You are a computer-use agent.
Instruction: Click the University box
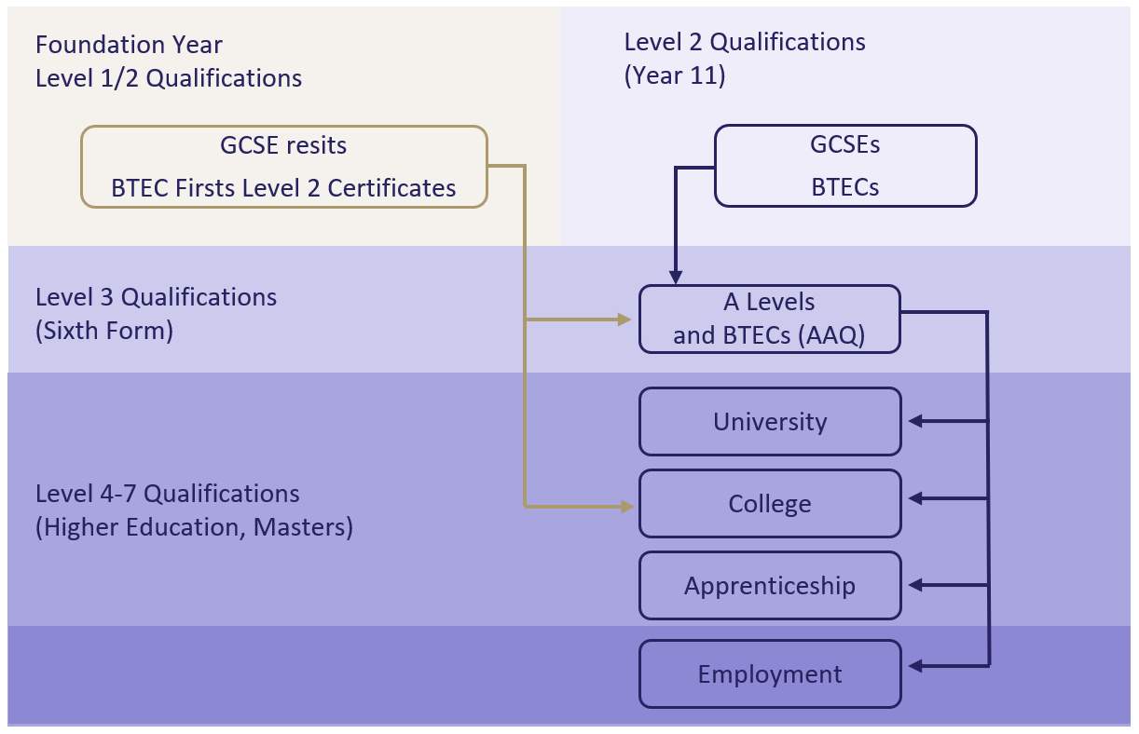pyautogui.click(x=770, y=422)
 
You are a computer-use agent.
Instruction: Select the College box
pyautogui.click(x=770, y=504)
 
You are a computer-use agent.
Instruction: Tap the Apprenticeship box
pyautogui.click(x=770, y=586)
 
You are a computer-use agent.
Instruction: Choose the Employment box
pyautogui.click(x=770, y=673)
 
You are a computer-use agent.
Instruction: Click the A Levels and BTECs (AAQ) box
pyautogui.click(x=770, y=319)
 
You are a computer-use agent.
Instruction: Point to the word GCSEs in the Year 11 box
pyautogui.click(x=845, y=145)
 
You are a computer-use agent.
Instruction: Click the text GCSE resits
pyautogui.click(x=283, y=145)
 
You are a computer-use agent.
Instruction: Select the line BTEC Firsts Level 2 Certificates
pyautogui.click(x=283, y=188)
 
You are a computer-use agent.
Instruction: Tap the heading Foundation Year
pyautogui.click(x=129, y=44)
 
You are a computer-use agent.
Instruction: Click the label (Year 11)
pyautogui.click(x=675, y=75)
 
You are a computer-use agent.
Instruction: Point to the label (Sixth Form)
pyautogui.click(x=104, y=331)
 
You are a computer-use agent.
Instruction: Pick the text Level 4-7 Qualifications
pyautogui.click(x=168, y=494)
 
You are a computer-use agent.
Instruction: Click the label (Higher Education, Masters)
pyautogui.click(x=194, y=527)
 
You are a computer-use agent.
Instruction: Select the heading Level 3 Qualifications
pyautogui.click(x=156, y=297)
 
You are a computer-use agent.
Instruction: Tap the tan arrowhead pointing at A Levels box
pyautogui.click(x=626, y=319)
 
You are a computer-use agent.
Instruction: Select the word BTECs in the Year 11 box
pyautogui.click(x=845, y=186)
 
